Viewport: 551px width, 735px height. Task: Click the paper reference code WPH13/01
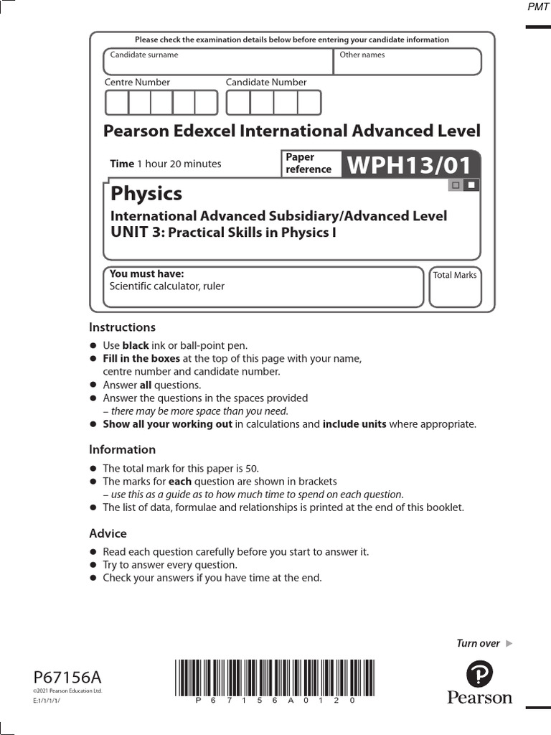[x=410, y=164]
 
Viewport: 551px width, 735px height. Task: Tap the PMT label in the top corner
[x=537, y=7]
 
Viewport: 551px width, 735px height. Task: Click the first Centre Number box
[x=116, y=103]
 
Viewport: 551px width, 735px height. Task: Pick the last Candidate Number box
[x=309, y=103]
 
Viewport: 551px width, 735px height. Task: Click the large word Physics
[x=146, y=194]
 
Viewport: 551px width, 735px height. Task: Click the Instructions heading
[x=122, y=327]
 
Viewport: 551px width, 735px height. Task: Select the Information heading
[x=122, y=450]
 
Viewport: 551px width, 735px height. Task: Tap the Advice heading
[x=108, y=534]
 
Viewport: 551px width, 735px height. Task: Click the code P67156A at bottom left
[x=67, y=678]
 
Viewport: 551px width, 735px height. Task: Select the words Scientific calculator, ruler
[x=166, y=286]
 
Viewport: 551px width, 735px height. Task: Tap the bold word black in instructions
[x=136, y=345]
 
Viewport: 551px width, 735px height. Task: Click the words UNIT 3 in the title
[x=136, y=232]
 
